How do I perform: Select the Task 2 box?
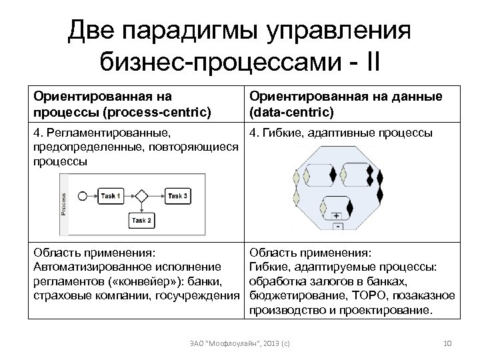[141, 220]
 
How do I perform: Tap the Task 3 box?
[177, 196]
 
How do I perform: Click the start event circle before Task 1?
[83, 196]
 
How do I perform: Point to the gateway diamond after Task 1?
[141, 196]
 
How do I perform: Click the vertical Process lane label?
[64, 203]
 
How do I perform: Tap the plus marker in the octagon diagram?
[336, 216]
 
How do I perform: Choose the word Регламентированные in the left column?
[108, 133]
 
